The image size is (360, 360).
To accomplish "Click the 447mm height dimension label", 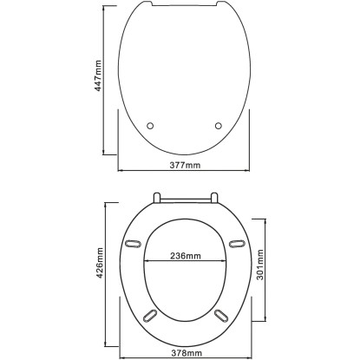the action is (x=98, y=75).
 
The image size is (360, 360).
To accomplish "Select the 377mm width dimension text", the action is (x=185, y=165).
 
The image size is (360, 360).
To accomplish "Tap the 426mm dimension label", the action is (x=100, y=263).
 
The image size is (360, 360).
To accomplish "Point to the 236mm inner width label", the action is (x=185, y=256).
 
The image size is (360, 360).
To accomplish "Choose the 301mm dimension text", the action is (x=260, y=265).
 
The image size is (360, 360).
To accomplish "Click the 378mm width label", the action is (x=187, y=353).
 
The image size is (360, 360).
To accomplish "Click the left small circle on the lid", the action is (x=150, y=126).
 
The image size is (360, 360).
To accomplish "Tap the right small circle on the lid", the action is (x=219, y=126).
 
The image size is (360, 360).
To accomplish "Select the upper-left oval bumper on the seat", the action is (x=133, y=244).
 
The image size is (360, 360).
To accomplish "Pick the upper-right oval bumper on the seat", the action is (x=237, y=244).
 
